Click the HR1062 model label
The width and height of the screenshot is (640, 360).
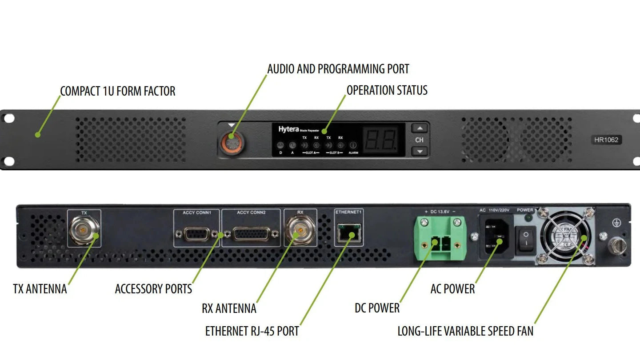click(606, 140)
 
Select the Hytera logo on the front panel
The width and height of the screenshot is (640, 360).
click(288, 129)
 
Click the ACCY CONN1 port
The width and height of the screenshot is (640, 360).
click(196, 233)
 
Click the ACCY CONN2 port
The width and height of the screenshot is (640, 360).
click(251, 233)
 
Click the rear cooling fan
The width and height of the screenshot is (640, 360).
click(564, 236)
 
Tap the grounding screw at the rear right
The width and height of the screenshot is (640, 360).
click(617, 244)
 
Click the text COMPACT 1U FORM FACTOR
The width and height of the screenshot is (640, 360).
click(118, 91)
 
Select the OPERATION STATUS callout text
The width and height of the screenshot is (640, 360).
click(387, 90)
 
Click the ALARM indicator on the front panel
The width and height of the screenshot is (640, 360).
click(353, 145)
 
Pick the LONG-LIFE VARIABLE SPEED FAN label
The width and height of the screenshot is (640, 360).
click(465, 331)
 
